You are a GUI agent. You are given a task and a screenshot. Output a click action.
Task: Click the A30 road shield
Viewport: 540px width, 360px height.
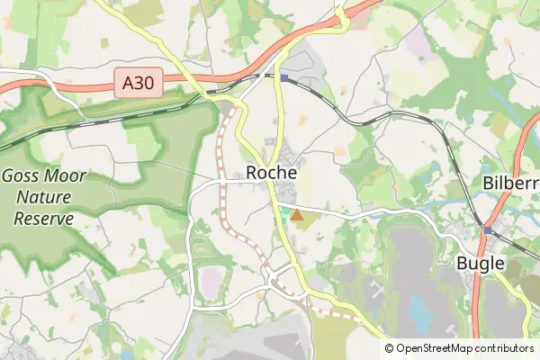138,84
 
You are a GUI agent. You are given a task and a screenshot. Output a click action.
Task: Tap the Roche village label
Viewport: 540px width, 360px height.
271,173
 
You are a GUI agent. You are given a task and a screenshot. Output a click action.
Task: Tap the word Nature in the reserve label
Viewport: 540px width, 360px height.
42,197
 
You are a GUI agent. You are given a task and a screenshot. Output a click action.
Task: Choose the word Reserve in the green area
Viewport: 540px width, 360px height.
42,217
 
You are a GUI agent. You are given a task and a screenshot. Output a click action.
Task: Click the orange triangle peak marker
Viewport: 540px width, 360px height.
297,216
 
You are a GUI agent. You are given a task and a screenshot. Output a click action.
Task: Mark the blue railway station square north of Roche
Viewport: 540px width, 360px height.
283,78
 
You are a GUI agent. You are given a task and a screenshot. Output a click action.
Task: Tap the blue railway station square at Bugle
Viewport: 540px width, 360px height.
487,230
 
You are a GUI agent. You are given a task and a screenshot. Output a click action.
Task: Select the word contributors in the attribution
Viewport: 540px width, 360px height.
506,348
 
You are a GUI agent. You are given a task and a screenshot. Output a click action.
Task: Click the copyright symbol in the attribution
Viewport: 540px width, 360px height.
389,348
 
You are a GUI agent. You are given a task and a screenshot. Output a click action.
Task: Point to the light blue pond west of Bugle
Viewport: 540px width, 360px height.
419,311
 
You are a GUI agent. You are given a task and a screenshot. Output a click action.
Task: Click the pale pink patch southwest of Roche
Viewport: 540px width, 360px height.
210,281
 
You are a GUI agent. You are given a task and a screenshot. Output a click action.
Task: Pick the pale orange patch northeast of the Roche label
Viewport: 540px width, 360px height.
339,151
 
